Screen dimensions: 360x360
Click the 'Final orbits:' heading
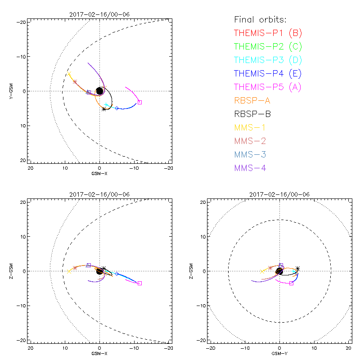pyautogui.click(x=260, y=19)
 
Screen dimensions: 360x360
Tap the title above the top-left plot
pyautogui.click(x=99, y=14)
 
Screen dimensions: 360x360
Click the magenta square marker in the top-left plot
pyautogui.click(x=139, y=102)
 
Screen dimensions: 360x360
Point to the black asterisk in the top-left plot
pyautogui.click(x=104, y=109)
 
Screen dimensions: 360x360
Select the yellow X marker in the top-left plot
pyautogui.click(x=69, y=74)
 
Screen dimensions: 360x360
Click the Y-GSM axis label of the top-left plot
pyautogui.click(x=12, y=91)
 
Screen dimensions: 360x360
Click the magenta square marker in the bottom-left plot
pyautogui.click(x=139, y=283)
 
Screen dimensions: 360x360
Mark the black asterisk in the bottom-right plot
pyautogui.click(x=297, y=269)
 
